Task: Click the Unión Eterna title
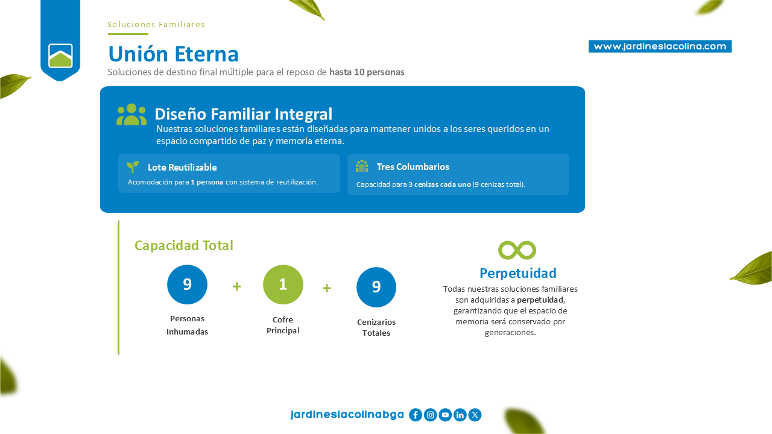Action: (x=173, y=54)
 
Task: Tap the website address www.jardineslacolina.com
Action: (x=660, y=46)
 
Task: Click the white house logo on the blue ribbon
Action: (x=60, y=56)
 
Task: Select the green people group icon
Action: (x=131, y=115)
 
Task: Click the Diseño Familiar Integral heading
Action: (x=243, y=114)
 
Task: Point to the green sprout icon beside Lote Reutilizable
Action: (x=133, y=167)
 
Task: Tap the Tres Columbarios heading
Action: (x=413, y=167)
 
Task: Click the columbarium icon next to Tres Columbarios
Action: (x=362, y=166)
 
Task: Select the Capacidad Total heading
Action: (x=184, y=245)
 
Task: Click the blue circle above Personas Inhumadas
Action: (x=187, y=285)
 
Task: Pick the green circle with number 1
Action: (x=283, y=285)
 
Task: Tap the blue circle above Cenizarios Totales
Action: (x=376, y=287)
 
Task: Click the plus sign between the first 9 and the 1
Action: (x=237, y=286)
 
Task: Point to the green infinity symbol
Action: (x=517, y=250)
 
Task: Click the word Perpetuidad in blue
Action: (x=518, y=273)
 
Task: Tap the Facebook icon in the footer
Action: (x=416, y=415)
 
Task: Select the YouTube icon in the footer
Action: (x=445, y=415)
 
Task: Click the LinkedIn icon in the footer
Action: (x=460, y=415)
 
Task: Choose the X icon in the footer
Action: (x=475, y=415)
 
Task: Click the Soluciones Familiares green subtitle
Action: (x=156, y=25)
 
